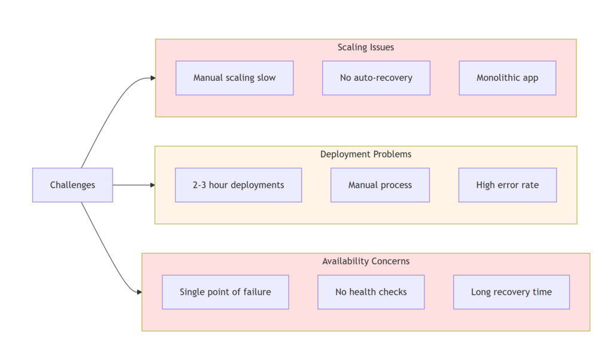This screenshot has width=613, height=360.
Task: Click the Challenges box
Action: pyautogui.click(x=72, y=185)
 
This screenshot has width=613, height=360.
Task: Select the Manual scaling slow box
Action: pyautogui.click(x=235, y=78)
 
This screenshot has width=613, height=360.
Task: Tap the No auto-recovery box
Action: pyautogui.click(x=376, y=78)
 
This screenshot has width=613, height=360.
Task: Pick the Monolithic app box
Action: pyautogui.click(x=507, y=78)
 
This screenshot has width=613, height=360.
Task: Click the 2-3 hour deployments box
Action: pyautogui.click(x=238, y=185)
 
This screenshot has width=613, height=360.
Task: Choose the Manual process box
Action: pyautogui.click(x=380, y=185)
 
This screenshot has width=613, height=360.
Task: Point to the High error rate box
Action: pyautogui.click(x=507, y=185)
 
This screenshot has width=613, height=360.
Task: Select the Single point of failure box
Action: pyautogui.click(x=225, y=292)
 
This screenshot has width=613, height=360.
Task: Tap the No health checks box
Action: pyautogui.click(x=371, y=292)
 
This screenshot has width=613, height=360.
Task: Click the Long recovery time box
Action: pyautogui.click(x=511, y=292)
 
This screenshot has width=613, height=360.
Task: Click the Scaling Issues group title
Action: pyautogui.click(x=366, y=47)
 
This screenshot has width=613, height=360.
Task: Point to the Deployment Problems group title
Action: pyautogui.click(x=366, y=155)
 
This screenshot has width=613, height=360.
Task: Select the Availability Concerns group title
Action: pyautogui.click(x=366, y=261)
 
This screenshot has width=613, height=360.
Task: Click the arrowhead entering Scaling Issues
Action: pyautogui.click(x=153, y=78)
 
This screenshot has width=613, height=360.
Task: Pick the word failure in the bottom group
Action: pyautogui.click(x=255, y=292)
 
